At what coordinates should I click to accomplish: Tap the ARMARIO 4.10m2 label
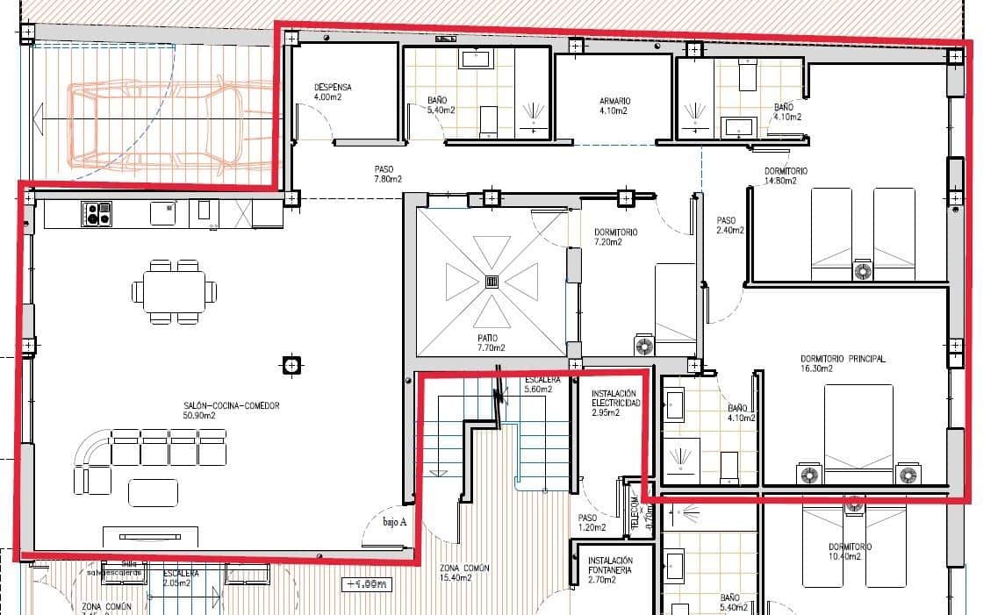point(614,106)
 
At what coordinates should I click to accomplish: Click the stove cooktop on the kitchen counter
point(97,214)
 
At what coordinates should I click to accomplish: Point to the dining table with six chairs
point(173,291)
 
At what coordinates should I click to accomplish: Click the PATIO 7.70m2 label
point(488,342)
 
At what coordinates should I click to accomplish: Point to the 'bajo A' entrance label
point(395,521)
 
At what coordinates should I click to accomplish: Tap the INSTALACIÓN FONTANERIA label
point(611,569)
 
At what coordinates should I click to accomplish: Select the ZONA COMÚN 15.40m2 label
point(464,573)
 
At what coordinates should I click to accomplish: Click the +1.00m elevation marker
point(367,583)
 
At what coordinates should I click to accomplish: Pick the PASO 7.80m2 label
point(384,174)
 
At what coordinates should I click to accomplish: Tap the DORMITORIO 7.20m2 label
point(615,237)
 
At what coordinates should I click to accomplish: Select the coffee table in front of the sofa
point(153,492)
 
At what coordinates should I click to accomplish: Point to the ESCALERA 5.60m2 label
point(537,384)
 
